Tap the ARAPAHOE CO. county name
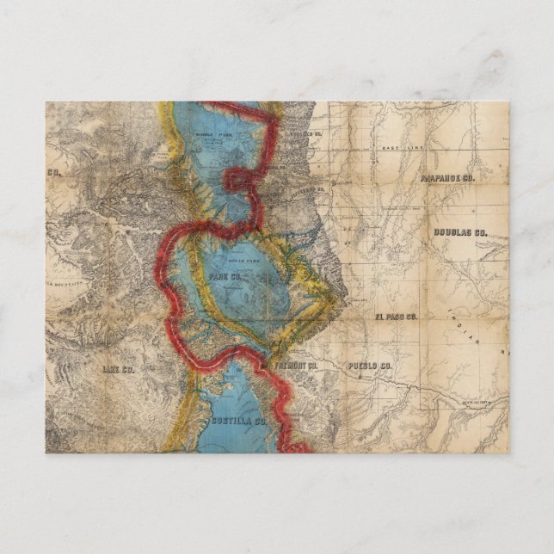(447, 178)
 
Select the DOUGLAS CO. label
(459, 232)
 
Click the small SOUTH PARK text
(237, 258)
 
